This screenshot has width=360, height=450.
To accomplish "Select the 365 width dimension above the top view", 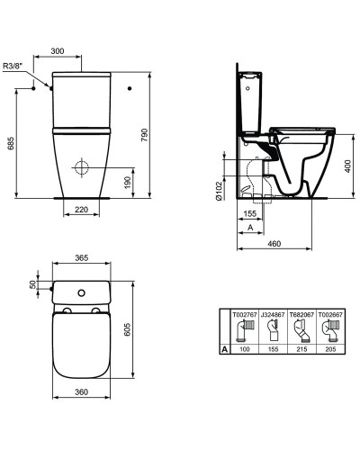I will coord(83,259).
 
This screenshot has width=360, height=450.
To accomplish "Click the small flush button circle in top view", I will coord(82,292).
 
